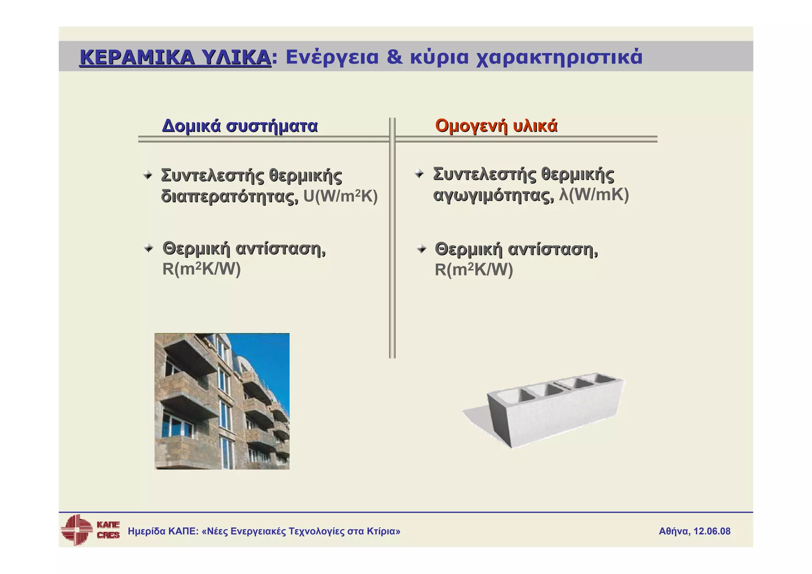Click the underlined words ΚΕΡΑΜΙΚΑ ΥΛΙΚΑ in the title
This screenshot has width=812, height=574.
point(175,57)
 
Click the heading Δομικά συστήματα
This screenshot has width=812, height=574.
point(240,126)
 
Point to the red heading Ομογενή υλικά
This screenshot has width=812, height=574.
point(496,126)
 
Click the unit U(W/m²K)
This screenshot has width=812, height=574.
point(340,196)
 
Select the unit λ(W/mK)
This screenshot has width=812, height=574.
point(594,195)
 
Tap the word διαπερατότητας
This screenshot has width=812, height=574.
point(230,196)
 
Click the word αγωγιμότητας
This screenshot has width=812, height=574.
point(493,195)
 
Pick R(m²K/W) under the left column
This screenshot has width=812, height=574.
point(201,269)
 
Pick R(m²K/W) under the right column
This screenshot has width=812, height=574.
point(474,270)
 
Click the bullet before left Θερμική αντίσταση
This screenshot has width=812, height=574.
point(149,249)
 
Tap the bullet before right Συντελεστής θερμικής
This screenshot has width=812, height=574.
point(419,174)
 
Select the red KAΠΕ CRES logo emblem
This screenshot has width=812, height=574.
point(76,530)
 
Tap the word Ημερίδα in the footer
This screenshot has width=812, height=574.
point(146,531)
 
